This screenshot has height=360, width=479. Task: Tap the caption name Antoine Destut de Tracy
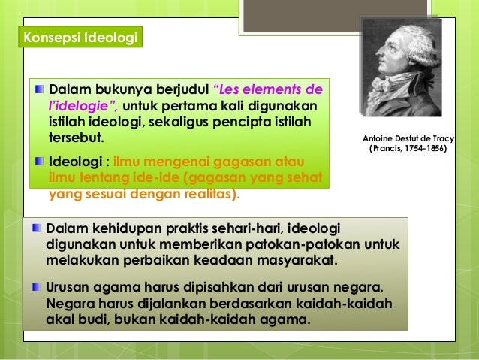pyautogui.click(x=414, y=139)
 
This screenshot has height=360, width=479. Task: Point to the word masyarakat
pyautogui.click(x=294, y=261)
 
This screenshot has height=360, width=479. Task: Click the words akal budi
pyautogui.click(x=75, y=319)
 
